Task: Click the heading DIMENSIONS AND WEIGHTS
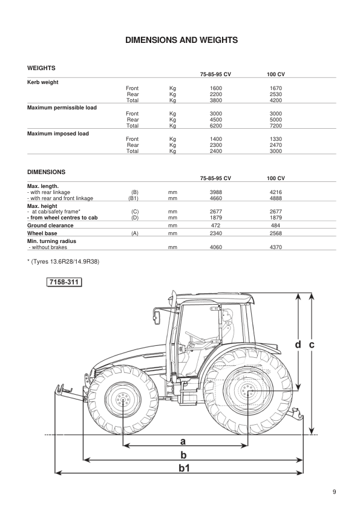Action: [x=181, y=41]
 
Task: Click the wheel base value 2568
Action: [x=275, y=232]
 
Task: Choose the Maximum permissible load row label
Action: [x=62, y=108]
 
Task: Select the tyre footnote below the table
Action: [x=64, y=262]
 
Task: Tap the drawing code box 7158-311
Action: [x=64, y=282]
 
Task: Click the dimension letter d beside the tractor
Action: [x=298, y=344]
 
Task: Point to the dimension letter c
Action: [x=311, y=344]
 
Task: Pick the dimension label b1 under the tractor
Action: [x=183, y=467]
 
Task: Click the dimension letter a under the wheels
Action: [x=183, y=441]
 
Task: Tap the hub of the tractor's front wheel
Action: [x=123, y=400]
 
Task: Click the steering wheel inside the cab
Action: [x=193, y=336]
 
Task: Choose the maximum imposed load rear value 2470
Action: [x=275, y=145]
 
